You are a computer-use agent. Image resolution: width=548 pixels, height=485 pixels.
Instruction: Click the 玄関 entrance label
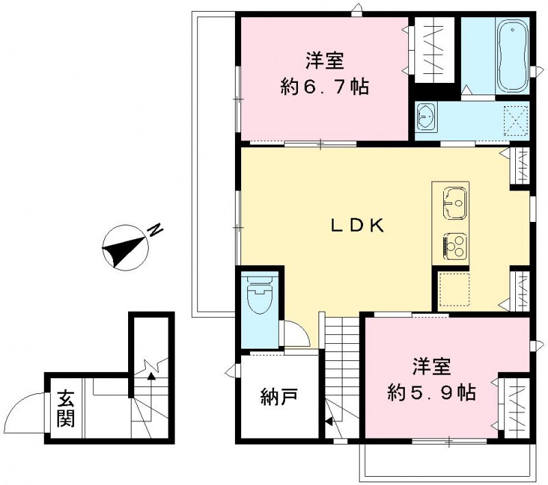click(x=65, y=409)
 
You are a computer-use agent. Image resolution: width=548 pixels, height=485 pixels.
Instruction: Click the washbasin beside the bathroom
click(x=427, y=119)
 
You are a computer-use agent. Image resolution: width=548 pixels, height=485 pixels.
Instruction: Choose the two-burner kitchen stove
click(x=453, y=245)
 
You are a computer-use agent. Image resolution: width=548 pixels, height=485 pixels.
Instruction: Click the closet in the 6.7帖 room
click(x=434, y=49)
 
